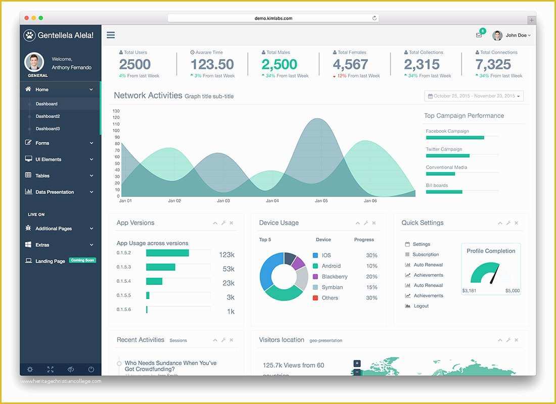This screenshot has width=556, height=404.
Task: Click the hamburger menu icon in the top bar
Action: (111, 35)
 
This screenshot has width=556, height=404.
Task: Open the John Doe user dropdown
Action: (512, 35)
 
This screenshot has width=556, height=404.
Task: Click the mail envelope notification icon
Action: (479, 35)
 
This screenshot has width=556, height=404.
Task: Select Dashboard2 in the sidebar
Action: (48, 116)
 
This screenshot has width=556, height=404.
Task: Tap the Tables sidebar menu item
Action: (42, 176)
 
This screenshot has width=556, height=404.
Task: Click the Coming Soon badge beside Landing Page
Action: (82, 261)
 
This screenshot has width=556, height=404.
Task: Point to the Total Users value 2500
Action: (135, 65)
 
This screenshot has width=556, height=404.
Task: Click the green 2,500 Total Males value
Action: (279, 65)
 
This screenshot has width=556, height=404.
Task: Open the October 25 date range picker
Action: (474, 96)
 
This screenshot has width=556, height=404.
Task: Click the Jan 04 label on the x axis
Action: (272, 201)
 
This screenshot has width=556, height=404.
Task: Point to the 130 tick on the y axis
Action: (116, 111)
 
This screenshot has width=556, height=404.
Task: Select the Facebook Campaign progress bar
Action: (455, 137)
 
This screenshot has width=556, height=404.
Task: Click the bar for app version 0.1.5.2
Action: (167, 253)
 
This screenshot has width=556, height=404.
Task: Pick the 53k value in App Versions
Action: (228, 269)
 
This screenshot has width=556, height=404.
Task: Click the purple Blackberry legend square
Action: (315, 277)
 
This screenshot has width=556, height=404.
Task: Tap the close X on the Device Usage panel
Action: (374, 223)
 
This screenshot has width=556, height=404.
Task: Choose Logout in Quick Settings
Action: (421, 306)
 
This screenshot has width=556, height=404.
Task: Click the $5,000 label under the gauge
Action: (512, 291)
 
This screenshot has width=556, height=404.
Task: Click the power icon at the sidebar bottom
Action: (91, 369)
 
